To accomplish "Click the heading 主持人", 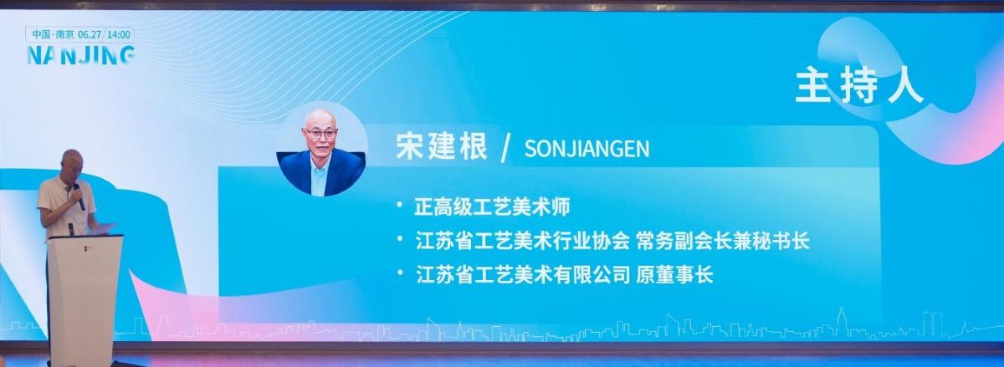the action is click(859, 86).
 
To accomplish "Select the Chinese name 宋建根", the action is click(441, 146).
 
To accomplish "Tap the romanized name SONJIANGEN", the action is click(587, 149).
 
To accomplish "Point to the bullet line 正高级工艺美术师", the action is click(492, 207).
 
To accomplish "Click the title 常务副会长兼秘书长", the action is click(723, 241).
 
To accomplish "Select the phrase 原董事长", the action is click(674, 275).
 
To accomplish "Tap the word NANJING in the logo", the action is click(81, 55).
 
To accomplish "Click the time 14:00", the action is click(119, 35).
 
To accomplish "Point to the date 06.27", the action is click(90, 35).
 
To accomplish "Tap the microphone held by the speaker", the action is click(79, 196).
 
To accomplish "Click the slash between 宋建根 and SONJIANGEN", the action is click(505, 148).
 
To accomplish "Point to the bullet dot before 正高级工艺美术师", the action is click(399, 205).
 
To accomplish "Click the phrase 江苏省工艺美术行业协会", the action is click(523, 241).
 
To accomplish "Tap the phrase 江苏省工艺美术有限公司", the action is click(523, 275).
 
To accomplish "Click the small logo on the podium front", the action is click(88, 246).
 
